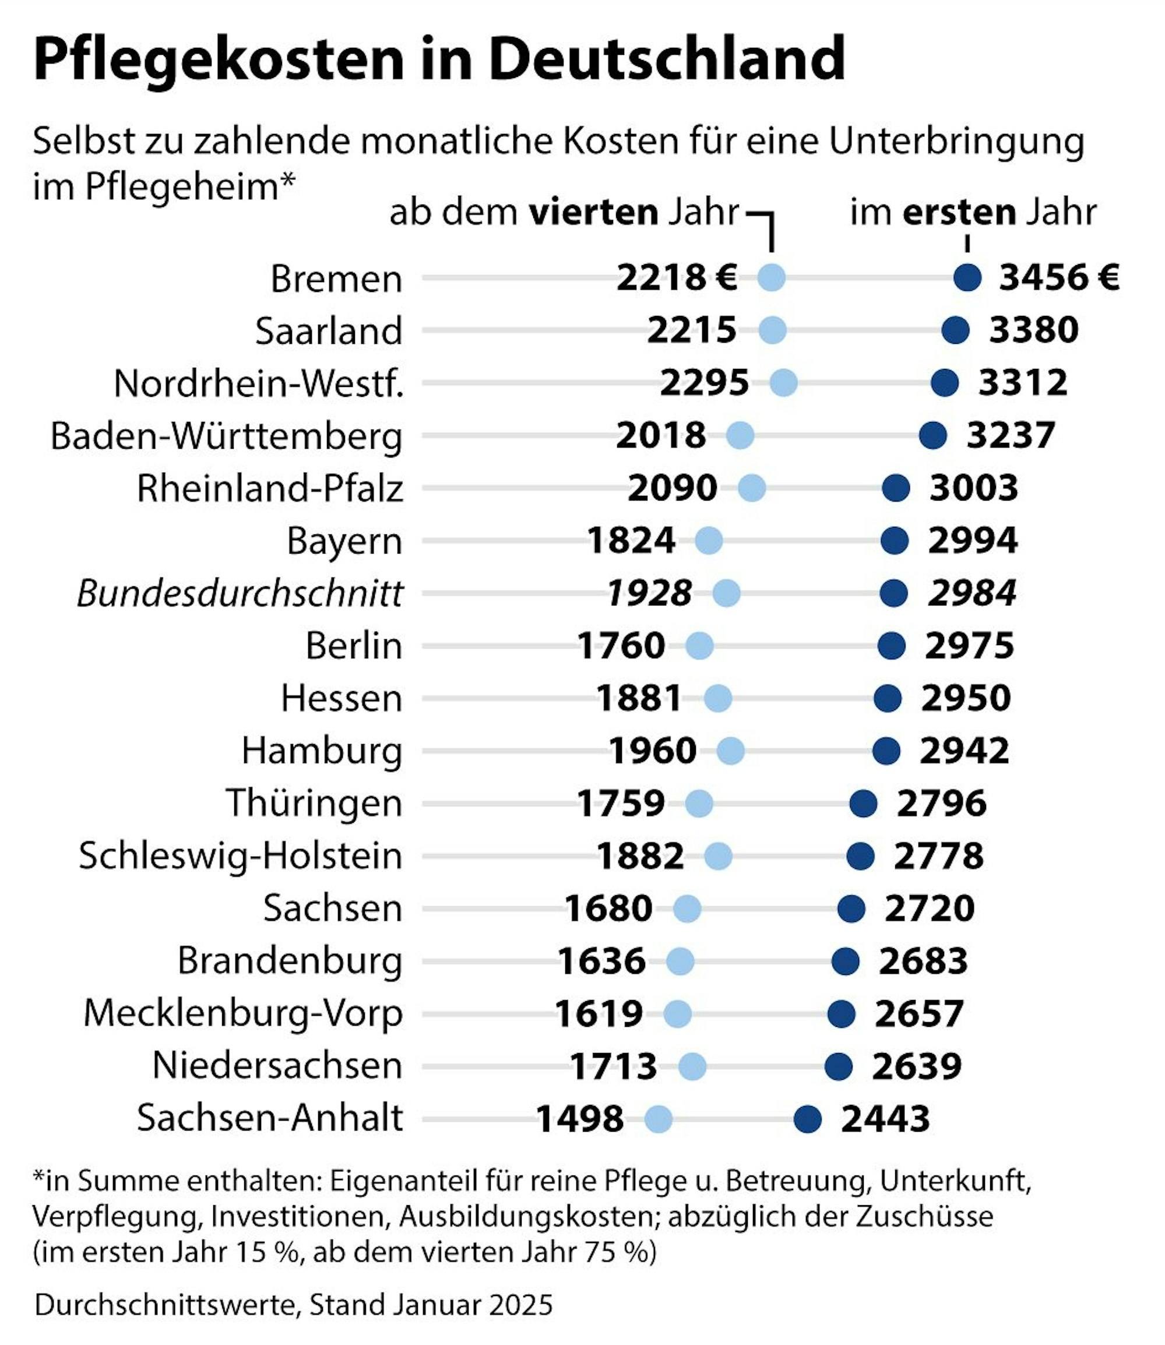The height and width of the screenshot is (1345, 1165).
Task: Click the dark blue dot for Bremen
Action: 967,277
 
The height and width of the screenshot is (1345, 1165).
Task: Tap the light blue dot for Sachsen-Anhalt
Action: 658,1119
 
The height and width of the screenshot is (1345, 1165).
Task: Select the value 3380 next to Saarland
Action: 1034,330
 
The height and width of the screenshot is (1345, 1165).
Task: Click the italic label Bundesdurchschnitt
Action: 240,593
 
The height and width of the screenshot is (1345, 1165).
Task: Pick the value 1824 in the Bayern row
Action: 631,541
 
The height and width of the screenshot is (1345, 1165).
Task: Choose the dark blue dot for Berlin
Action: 891,646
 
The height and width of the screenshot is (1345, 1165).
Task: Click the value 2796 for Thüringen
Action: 941,804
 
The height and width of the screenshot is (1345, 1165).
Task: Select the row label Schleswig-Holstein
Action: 241,856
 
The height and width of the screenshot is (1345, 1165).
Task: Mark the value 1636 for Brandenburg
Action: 601,962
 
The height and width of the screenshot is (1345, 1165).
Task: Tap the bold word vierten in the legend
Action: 593,213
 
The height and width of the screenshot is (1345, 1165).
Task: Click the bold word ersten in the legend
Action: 959,213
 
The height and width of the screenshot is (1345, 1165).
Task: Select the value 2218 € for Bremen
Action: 676,278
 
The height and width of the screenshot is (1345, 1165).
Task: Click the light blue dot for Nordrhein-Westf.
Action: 783,383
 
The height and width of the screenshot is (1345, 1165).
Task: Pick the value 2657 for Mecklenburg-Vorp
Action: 918,1014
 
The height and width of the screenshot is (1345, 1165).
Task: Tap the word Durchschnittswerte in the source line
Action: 167,1305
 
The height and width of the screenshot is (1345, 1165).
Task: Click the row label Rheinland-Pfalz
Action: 270,489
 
